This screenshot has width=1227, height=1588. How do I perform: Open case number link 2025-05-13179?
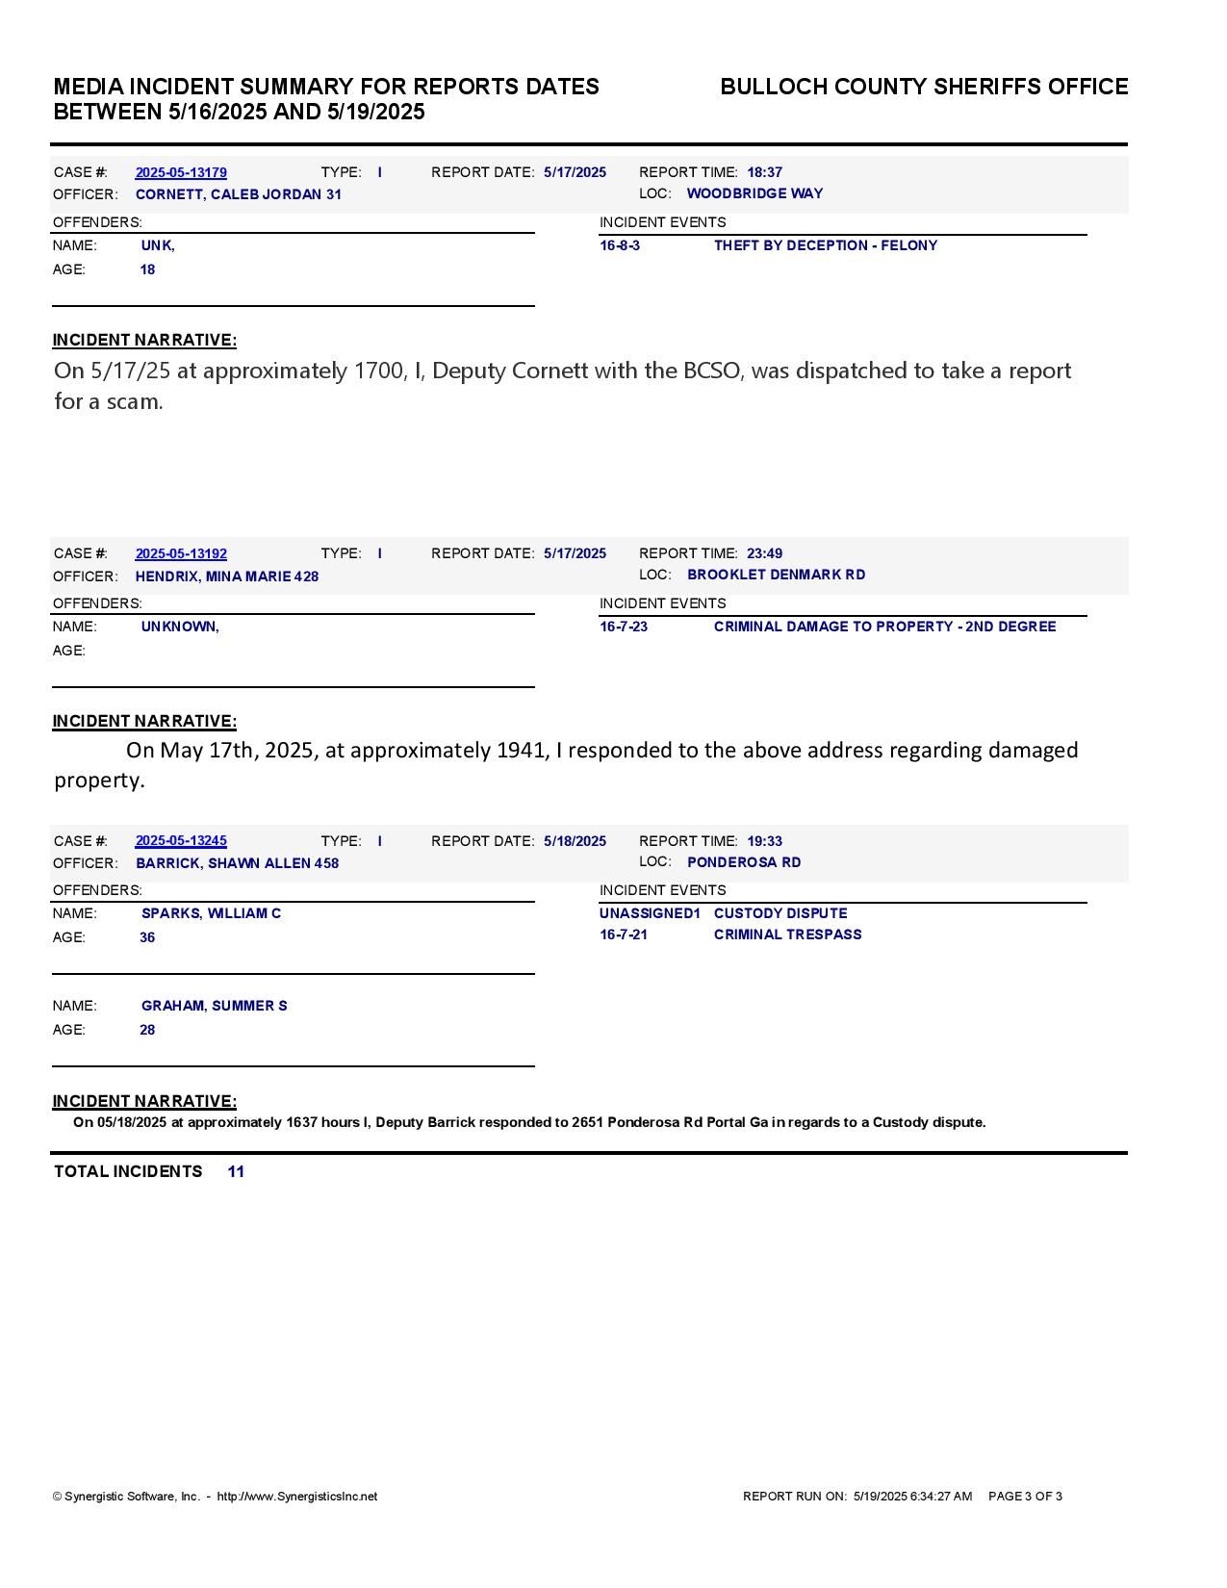(x=181, y=173)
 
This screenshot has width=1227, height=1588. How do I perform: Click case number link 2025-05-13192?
(x=181, y=554)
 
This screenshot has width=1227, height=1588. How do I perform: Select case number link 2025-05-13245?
(x=181, y=841)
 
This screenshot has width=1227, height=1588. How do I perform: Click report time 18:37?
(x=764, y=172)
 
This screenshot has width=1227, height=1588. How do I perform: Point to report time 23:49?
(x=764, y=553)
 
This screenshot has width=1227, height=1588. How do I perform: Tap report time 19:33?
(x=764, y=841)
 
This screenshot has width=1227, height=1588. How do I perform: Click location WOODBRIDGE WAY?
(x=754, y=193)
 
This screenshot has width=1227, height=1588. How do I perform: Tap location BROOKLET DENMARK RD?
(x=776, y=575)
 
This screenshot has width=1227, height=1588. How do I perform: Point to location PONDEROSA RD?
(x=744, y=862)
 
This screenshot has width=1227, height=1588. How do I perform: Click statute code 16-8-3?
(x=620, y=245)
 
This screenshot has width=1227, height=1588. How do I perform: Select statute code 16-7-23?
(x=624, y=627)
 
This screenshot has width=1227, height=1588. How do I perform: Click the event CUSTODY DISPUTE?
(x=780, y=913)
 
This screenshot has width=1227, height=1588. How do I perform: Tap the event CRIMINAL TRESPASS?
(x=787, y=935)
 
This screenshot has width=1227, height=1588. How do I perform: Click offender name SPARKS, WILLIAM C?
(x=211, y=913)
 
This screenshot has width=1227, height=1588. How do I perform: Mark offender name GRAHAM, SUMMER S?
(x=214, y=1006)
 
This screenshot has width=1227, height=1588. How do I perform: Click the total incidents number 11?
(x=236, y=1171)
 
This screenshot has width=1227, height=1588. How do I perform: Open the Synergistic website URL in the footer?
(x=296, y=1497)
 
